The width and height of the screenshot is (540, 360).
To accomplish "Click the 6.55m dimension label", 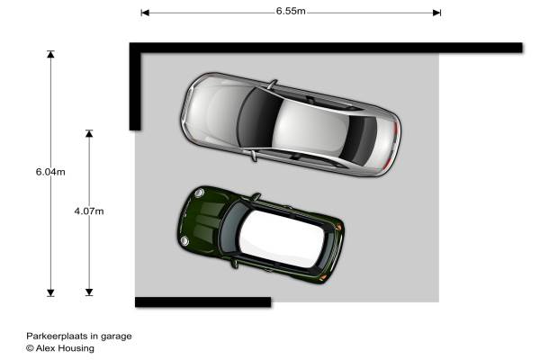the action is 291,11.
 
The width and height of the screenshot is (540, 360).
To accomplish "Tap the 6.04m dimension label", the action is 50,172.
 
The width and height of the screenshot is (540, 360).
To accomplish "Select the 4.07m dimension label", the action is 89,211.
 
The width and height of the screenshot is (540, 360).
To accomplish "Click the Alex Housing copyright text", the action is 60,348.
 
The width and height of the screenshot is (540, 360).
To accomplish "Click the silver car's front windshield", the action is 257,117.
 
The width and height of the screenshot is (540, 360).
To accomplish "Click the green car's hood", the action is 202,220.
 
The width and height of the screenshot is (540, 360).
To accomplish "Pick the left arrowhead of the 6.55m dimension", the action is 145,13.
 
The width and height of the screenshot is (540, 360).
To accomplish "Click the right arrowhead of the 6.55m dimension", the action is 436,13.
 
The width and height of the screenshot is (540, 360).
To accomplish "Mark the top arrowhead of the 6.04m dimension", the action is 50,54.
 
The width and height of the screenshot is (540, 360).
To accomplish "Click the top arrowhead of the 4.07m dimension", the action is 89,134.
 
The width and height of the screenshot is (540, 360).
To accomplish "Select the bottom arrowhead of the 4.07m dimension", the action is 89,292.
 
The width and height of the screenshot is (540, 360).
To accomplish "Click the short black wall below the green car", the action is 202,302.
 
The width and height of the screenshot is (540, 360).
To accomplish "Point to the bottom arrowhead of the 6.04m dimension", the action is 50,292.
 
